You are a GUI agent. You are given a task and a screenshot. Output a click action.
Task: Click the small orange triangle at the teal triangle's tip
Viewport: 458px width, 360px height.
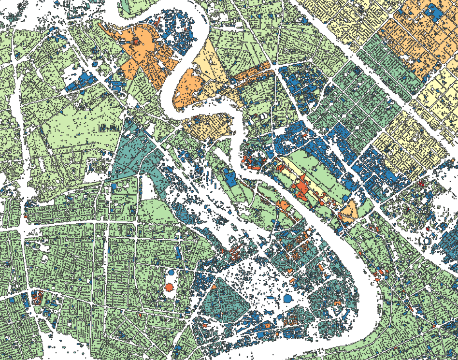(213, 287)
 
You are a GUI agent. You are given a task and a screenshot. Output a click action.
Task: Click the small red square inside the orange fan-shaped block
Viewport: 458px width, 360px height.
(137, 43)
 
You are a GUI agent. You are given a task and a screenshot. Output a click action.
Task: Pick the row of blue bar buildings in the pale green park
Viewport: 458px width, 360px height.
(109, 128)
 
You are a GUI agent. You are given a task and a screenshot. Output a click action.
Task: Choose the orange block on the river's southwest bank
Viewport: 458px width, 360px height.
(283, 205)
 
